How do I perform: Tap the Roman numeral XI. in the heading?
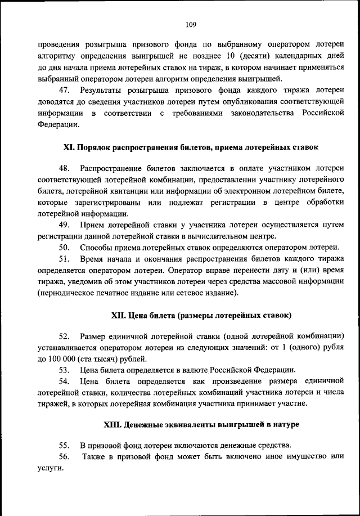click(x=69, y=147)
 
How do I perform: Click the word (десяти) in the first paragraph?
click(x=259, y=56)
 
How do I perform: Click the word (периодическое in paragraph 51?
click(x=65, y=293)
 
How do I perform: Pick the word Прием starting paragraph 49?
click(x=92, y=225)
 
